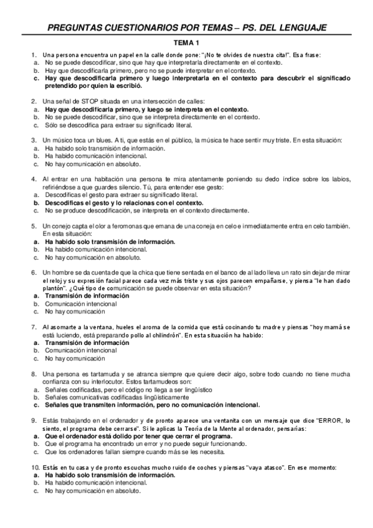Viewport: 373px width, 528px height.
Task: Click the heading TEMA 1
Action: click(x=186, y=43)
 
